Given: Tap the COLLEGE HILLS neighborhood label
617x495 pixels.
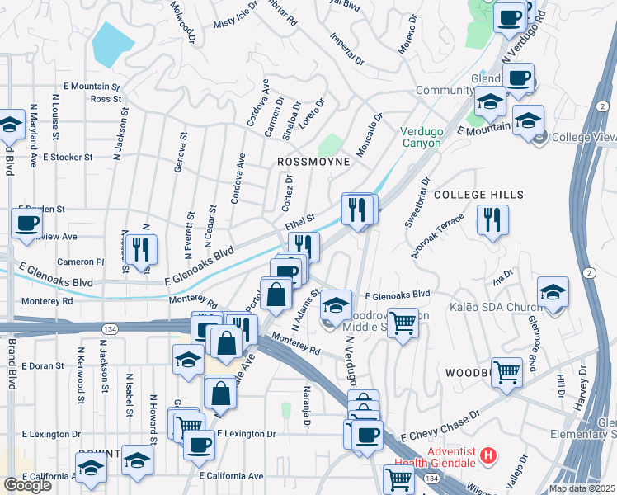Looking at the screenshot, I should (x=478, y=195).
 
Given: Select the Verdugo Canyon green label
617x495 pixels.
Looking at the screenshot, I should (x=421, y=137).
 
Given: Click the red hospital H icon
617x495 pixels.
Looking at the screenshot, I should (x=489, y=455).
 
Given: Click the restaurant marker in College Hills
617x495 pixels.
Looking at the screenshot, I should (x=492, y=220).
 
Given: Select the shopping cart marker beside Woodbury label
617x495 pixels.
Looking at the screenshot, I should (x=506, y=371).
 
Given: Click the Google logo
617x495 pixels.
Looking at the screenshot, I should (x=27, y=485).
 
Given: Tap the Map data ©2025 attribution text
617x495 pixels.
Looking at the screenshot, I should (x=581, y=488).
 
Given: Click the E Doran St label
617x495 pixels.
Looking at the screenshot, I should (x=43, y=365).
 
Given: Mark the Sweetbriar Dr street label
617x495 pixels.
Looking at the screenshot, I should (x=417, y=201).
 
